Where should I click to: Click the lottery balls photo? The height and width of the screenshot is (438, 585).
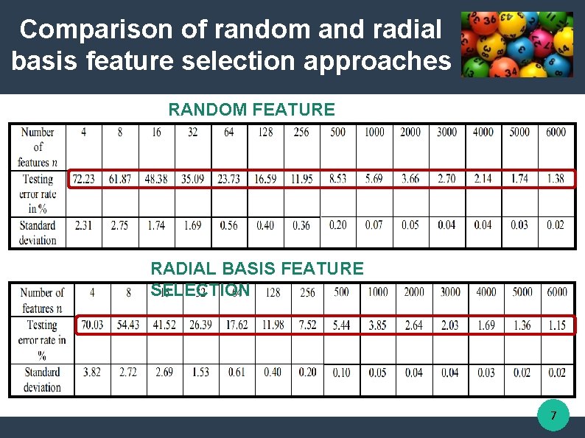(x=516, y=44)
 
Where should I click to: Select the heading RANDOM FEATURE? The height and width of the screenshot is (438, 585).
(x=251, y=110)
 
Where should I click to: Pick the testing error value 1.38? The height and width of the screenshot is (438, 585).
(x=556, y=179)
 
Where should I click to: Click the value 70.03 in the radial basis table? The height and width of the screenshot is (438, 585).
(x=92, y=325)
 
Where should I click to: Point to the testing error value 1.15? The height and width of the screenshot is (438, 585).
(x=557, y=325)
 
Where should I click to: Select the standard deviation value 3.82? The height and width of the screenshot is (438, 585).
(x=92, y=372)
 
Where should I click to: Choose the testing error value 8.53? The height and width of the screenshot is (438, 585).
(x=337, y=179)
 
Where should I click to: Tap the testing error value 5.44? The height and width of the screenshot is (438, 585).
(x=342, y=325)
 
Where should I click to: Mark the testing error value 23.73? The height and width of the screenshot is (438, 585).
(x=229, y=179)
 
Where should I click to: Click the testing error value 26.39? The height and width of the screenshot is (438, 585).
(x=200, y=325)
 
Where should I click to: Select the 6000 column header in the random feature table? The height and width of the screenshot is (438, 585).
(x=556, y=132)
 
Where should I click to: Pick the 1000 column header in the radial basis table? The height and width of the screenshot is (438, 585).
(x=377, y=292)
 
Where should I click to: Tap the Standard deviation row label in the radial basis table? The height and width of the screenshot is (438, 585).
(x=41, y=379)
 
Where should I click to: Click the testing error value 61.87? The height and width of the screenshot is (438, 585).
(x=120, y=179)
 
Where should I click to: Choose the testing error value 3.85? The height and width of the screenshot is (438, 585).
(x=377, y=325)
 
